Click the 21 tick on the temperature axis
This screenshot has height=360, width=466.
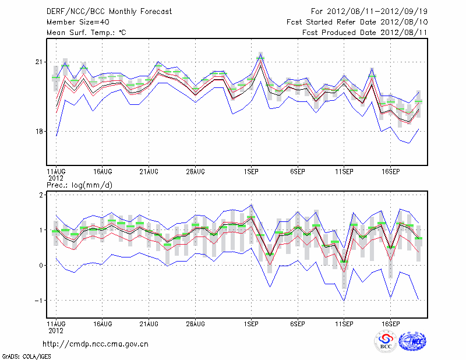point(40,62)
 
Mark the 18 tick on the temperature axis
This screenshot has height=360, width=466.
point(40,132)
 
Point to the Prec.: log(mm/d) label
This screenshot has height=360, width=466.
point(79,185)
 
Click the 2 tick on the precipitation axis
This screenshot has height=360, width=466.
point(41,195)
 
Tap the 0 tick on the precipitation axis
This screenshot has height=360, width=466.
point(41,266)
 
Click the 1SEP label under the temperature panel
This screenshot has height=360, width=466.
point(251,172)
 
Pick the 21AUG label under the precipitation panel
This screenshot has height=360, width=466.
point(149,323)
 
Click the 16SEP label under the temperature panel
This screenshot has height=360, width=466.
point(390,172)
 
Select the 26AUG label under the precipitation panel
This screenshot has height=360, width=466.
point(195,323)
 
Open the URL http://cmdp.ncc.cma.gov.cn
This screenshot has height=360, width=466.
point(96,344)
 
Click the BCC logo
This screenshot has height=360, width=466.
point(386,341)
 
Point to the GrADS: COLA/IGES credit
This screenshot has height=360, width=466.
point(26,355)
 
